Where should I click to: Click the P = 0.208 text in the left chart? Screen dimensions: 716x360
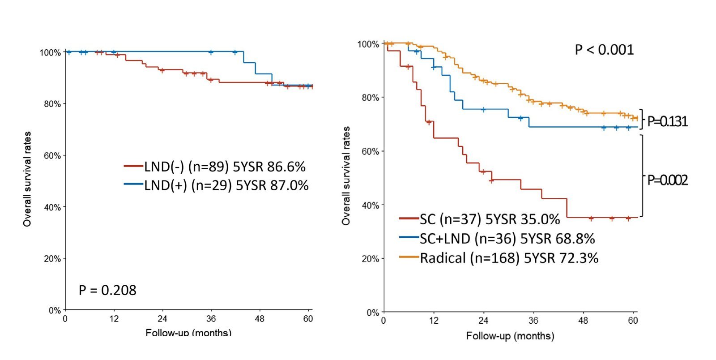tap(107, 290)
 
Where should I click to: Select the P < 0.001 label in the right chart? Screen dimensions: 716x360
tap(604, 50)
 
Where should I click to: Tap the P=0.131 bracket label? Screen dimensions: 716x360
tap(667, 122)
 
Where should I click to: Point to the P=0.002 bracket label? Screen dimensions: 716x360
tap(667, 180)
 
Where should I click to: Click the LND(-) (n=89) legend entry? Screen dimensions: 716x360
tap(215, 167)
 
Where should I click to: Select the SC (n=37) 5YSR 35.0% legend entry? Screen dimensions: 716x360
tap(480, 219)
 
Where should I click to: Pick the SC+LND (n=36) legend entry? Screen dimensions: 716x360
tap(497, 239)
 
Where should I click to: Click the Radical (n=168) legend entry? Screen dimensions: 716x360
tap(499, 258)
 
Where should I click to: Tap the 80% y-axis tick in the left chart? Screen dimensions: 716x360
tap(52, 104)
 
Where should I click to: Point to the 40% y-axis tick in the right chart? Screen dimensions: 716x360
tap(371, 205)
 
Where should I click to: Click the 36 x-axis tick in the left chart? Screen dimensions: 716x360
tap(211, 319)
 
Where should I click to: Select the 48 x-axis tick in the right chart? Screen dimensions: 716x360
tap(584, 320)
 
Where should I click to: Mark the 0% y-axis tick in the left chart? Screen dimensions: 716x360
tap(55, 310)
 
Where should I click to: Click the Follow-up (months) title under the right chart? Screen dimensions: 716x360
tap(510, 336)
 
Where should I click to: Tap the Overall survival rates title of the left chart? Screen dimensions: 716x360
tap(27, 179)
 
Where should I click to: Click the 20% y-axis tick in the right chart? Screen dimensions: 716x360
tap(371, 259)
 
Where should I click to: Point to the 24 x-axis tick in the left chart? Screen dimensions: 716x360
tap(162, 319)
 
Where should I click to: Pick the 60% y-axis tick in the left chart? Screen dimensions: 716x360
tap(52, 156)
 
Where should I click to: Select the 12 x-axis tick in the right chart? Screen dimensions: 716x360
tap(434, 320)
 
